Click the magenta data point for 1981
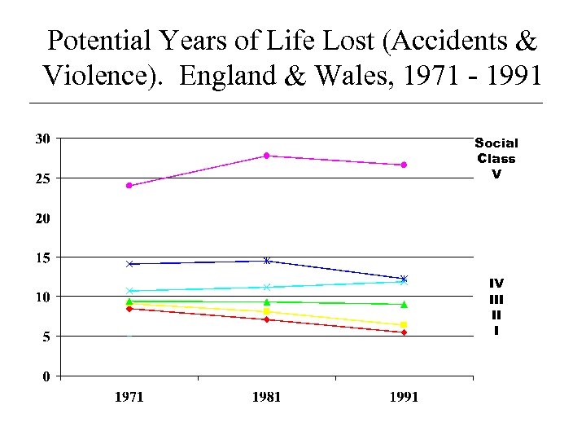click(x=267, y=156)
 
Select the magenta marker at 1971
click(x=129, y=186)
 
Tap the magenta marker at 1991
click(x=404, y=165)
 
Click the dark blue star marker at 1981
click(x=267, y=261)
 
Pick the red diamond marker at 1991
click(x=404, y=332)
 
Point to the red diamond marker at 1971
click(x=129, y=309)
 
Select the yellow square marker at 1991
click(x=404, y=325)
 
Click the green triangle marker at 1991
click(x=404, y=305)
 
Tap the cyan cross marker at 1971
click(x=129, y=291)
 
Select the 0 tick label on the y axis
click(x=46, y=376)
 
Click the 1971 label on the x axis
click(x=129, y=397)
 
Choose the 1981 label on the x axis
click(x=267, y=397)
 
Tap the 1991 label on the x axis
click(x=404, y=397)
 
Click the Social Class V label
click(x=496, y=158)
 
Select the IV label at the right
click(x=496, y=284)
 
